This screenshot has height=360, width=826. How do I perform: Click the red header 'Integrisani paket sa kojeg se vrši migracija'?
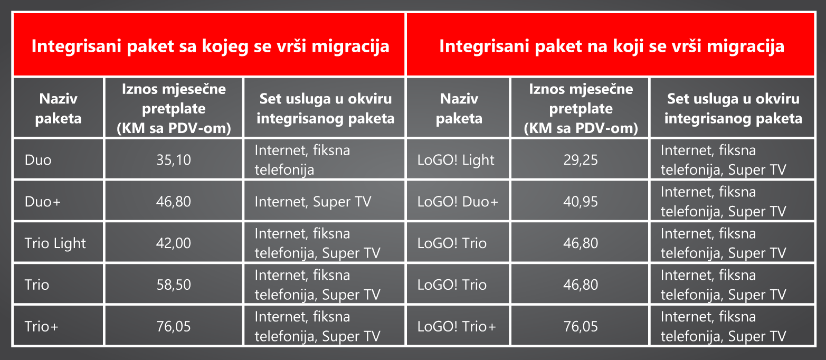coord(210,46)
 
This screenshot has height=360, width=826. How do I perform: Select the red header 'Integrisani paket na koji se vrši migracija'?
coord(611,46)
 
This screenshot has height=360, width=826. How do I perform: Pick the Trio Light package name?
coord(55,243)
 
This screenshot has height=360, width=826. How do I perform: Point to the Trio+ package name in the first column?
coord(41,326)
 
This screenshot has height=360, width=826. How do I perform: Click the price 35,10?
coord(174,160)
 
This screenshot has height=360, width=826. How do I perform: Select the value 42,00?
coord(174,243)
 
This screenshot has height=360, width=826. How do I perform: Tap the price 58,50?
coord(174,285)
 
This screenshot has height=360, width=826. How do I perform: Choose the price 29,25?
coord(581,160)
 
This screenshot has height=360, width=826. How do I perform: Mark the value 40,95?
coord(581,202)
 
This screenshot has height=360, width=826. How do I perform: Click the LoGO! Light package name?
coord(456,160)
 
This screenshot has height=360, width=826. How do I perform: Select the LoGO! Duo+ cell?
coord(458,202)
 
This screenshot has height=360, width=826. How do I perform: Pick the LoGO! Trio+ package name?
coord(457,326)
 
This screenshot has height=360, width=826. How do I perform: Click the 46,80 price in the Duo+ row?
coord(174,202)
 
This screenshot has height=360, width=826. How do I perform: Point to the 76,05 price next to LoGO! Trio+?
coord(581,326)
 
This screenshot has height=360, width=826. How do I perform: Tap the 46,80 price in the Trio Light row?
coord(581,243)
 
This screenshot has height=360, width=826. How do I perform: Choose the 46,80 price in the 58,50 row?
coord(581,285)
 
